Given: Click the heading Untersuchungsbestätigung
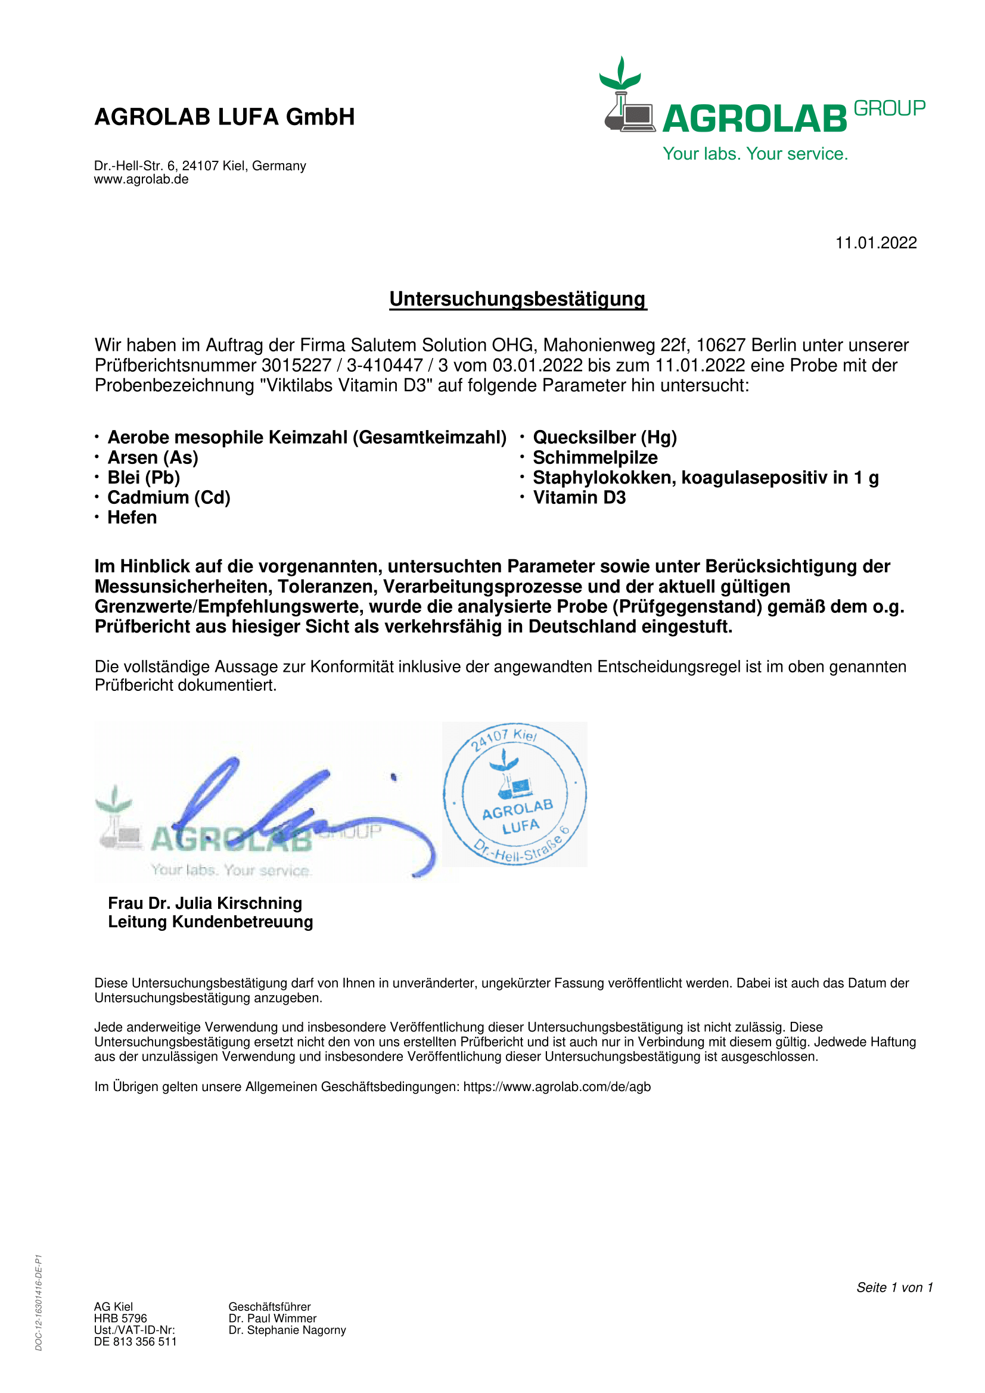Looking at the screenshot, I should click(x=518, y=299).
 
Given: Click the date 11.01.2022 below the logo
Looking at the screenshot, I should click(x=875, y=244).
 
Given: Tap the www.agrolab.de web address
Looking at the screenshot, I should click(x=141, y=180).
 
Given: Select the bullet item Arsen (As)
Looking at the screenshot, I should click(x=153, y=457).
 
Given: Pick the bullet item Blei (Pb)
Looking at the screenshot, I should click(x=144, y=478).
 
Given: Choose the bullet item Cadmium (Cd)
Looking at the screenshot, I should click(x=169, y=497).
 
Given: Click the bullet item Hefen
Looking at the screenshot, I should click(x=132, y=518).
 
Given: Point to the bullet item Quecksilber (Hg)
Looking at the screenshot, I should click(x=604, y=438).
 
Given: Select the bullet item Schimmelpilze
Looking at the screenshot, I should click(x=595, y=457).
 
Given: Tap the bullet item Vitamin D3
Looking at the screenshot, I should click(x=579, y=497).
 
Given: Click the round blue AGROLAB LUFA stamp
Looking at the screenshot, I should click(x=515, y=794).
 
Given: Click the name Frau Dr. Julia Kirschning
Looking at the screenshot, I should click(x=204, y=903).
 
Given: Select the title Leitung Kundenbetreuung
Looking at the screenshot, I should click(x=210, y=922).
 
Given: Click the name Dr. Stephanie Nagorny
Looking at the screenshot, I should click(x=287, y=1330).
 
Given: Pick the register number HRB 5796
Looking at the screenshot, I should click(x=120, y=1319).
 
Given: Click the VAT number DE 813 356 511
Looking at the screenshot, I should click(x=135, y=1341).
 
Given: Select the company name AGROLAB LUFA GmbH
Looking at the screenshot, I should click(x=225, y=117).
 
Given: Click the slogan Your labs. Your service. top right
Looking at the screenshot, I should click(x=755, y=154).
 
